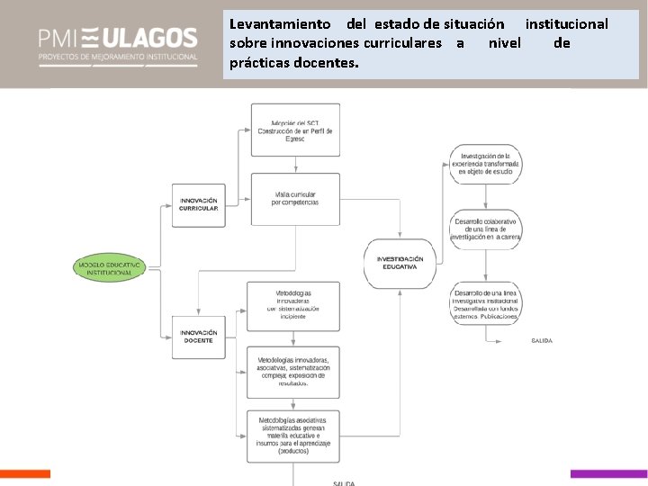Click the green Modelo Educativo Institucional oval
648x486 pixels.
(x=110, y=267)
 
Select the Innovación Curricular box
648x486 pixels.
(x=198, y=204)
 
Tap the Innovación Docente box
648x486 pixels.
(x=198, y=337)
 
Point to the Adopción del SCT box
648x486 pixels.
(x=294, y=130)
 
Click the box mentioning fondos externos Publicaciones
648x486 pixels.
(x=486, y=304)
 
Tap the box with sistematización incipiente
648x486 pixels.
(x=293, y=306)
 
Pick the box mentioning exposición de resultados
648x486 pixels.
(x=293, y=371)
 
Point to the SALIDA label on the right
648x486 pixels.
(x=542, y=341)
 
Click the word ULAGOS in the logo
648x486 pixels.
(x=148, y=39)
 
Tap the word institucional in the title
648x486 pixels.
(x=566, y=24)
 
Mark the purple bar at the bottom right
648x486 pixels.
(x=608, y=473)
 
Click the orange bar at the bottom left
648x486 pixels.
(x=25, y=473)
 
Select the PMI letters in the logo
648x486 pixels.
(x=58, y=39)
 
